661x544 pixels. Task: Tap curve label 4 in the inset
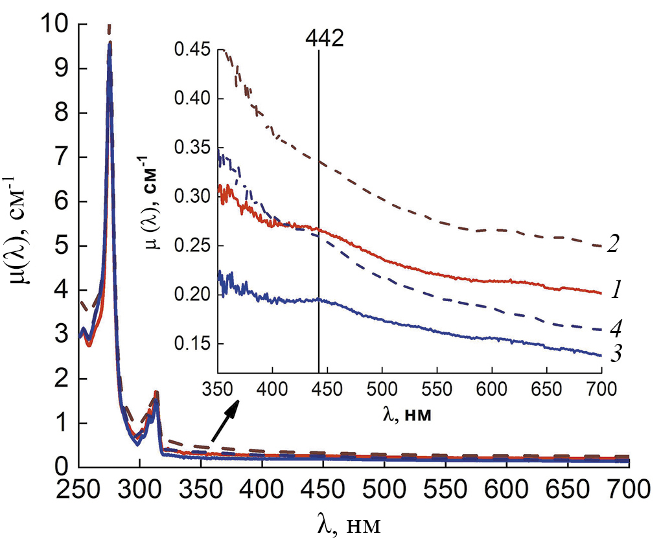click(612, 328)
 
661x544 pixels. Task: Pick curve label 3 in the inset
click(612, 354)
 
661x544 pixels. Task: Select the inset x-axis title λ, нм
click(408, 415)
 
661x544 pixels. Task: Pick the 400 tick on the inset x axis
click(272, 391)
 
